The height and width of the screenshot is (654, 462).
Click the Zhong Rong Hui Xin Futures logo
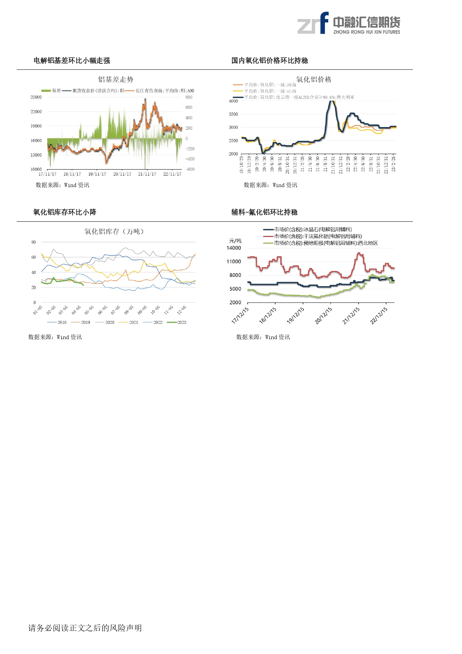(348, 23)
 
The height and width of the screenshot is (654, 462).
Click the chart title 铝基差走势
(115, 79)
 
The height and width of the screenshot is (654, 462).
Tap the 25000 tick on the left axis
(36, 97)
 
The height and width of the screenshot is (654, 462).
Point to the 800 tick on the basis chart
(189, 97)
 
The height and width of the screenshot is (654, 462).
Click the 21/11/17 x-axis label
(147, 174)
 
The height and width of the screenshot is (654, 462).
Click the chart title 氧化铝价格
(313, 79)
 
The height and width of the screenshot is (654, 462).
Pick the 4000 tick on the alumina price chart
(233, 101)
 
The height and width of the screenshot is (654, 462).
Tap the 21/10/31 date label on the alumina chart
(333, 165)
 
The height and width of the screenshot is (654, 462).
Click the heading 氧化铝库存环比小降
(65, 212)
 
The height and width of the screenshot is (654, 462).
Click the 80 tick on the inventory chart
(34, 242)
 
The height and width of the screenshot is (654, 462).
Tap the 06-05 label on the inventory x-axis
(102, 310)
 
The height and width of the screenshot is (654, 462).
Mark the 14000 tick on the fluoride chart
(234, 248)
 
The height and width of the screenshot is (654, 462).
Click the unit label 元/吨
(235, 241)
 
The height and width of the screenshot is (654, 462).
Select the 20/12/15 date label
(323, 316)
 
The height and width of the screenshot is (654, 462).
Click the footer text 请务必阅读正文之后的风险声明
(85, 628)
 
